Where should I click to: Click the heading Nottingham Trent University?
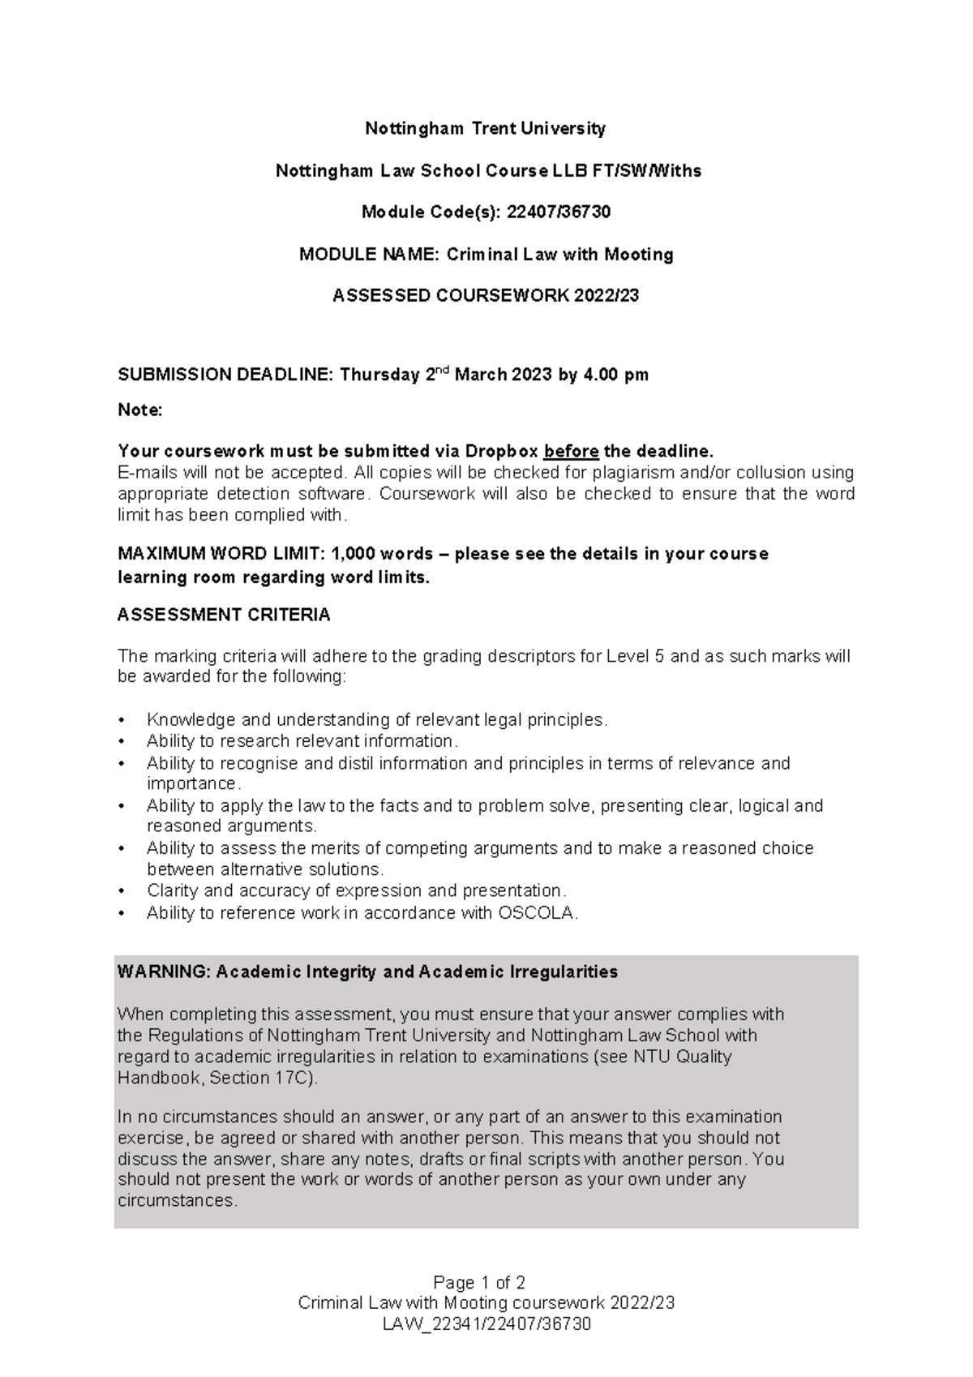click(485, 128)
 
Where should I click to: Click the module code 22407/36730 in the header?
click(558, 212)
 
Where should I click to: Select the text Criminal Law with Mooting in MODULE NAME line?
click(559, 255)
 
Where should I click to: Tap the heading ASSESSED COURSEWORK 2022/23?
click(486, 296)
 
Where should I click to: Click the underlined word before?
click(571, 452)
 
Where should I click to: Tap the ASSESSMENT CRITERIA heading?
click(224, 616)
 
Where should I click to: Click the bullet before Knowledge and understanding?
click(122, 720)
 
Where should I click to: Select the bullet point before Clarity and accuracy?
click(122, 891)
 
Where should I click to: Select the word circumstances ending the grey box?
click(177, 1201)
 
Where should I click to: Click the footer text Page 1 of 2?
click(479, 1283)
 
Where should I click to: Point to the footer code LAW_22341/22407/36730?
click(486, 1324)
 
